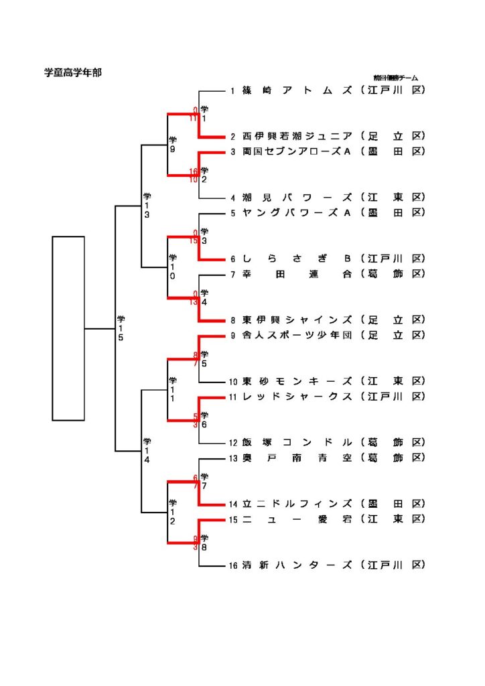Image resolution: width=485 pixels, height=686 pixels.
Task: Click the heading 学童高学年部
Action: [73, 72]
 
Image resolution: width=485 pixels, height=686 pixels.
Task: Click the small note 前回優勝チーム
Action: [395, 78]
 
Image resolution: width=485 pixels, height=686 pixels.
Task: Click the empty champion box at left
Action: [68, 328]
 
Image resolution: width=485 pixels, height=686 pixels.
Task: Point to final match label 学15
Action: [121, 328]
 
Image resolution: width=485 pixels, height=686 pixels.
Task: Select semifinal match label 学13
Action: [147, 206]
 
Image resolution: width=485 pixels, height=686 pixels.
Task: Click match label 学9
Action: [173, 144]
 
